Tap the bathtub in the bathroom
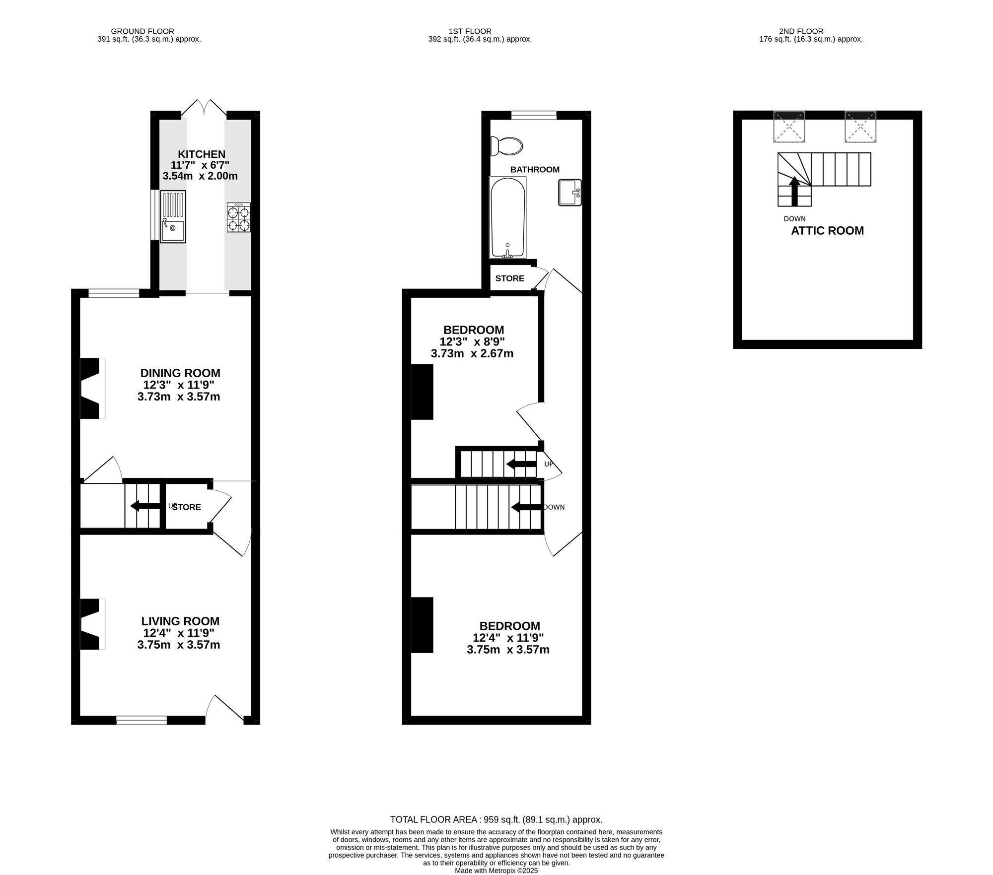point(507,217)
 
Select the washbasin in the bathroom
point(569,192)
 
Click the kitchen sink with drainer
point(173,217)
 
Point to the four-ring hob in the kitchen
point(238,217)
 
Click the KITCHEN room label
point(202,154)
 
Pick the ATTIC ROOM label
point(827,231)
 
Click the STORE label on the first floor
point(509,278)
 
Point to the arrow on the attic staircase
point(794,191)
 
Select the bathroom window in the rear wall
point(534,115)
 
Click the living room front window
point(142,720)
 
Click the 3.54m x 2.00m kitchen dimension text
point(200,176)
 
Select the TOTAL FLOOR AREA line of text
point(496,819)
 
